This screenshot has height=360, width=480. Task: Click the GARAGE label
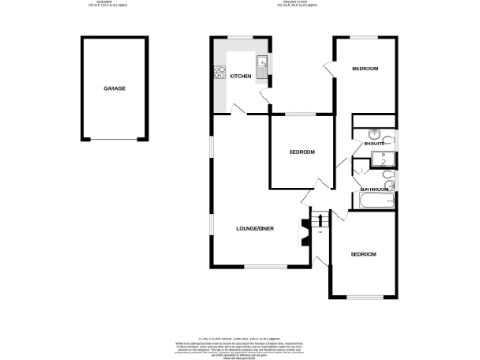coord(114,88)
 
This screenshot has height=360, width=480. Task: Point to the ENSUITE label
coord(365,143)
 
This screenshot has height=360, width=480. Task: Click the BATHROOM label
coord(375,189)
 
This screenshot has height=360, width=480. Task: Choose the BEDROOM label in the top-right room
coord(366,70)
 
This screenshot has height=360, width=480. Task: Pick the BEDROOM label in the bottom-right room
coord(364,254)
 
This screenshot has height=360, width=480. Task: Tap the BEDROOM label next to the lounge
coord(302,152)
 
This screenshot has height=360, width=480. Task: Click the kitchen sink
coord(265,65)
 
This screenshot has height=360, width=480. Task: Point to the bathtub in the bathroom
coord(374,202)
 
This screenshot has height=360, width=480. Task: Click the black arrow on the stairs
coord(321,231)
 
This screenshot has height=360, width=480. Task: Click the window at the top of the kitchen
coord(241,38)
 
